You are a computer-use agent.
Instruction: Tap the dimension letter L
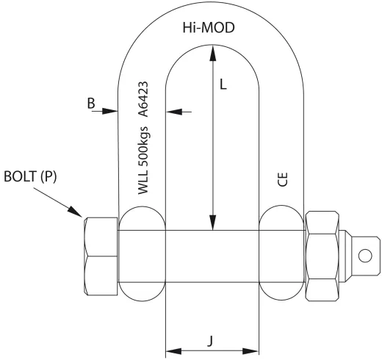(224, 84)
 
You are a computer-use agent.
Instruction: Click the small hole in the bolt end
(364, 256)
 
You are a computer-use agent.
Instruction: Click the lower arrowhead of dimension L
(212, 223)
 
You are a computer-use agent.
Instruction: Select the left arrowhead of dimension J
(171, 349)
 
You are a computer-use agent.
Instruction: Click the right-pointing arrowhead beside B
(112, 112)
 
